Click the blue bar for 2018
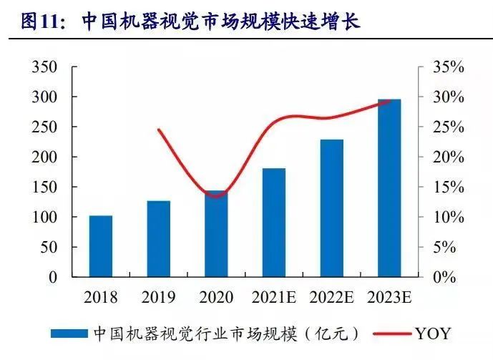(101, 245)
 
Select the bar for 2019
(159, 238)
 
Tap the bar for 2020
(216, 233)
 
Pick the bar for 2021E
(274, 222)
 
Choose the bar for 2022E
(332, 208)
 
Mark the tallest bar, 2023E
(389, 188)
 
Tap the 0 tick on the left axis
(53, 277)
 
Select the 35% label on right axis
(449, 67)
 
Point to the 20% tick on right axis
(449, 157)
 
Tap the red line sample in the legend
(391, 334)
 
